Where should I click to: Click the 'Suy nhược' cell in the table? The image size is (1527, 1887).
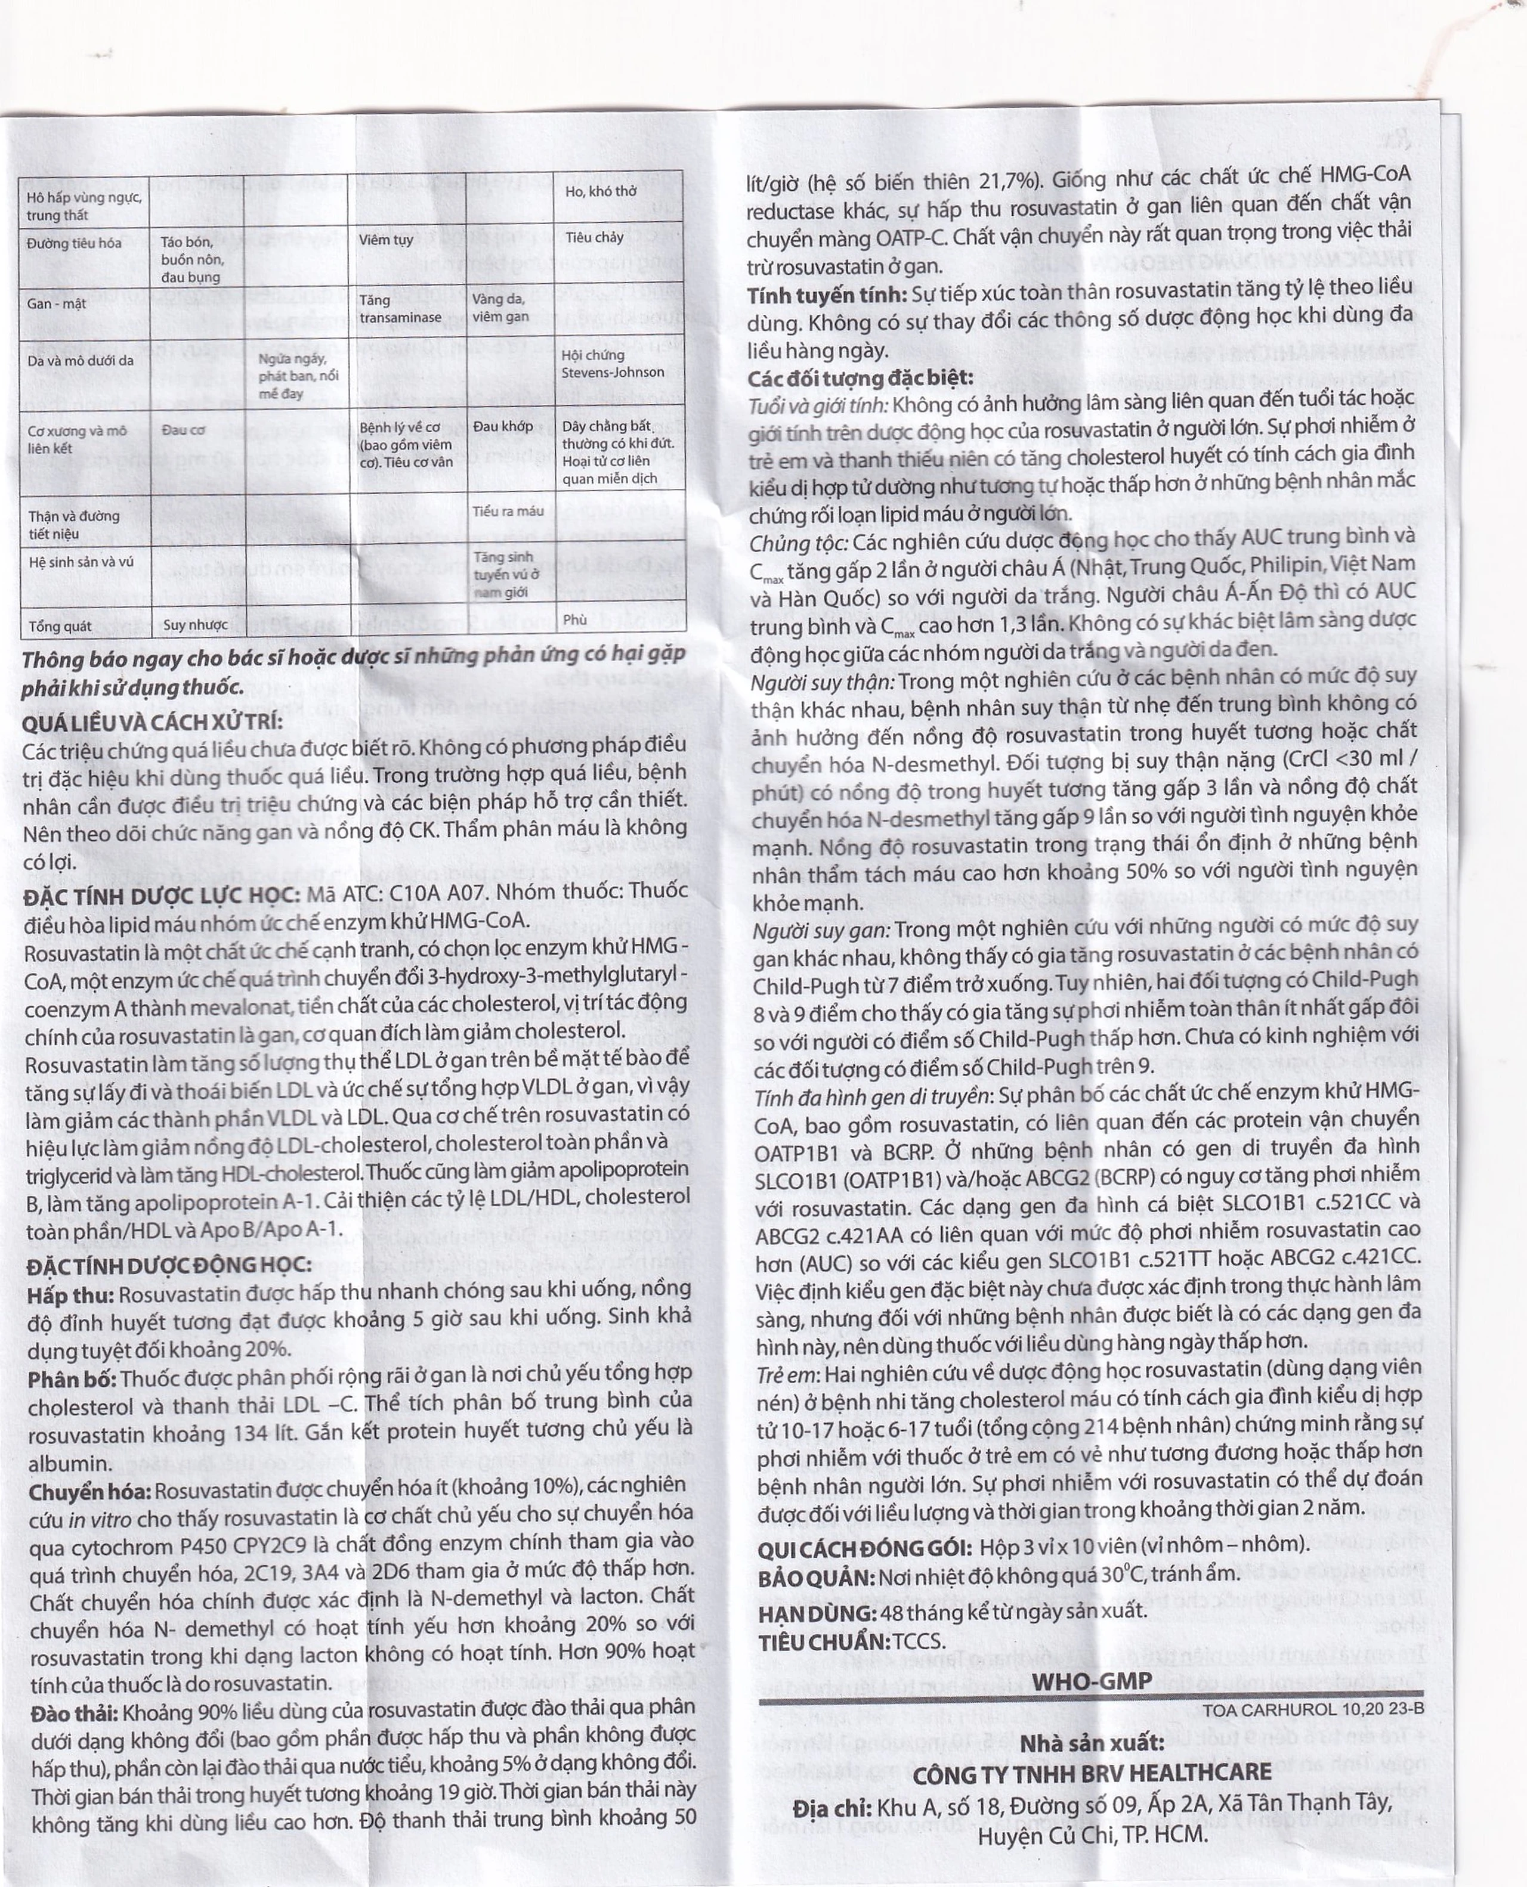click(195, 625)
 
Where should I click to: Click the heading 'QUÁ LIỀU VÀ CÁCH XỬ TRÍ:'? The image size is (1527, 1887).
click(152, 722)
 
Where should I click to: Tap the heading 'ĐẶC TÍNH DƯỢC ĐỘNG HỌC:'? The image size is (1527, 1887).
click(168, 1265)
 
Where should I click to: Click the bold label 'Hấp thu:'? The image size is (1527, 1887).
click(70, 1295)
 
